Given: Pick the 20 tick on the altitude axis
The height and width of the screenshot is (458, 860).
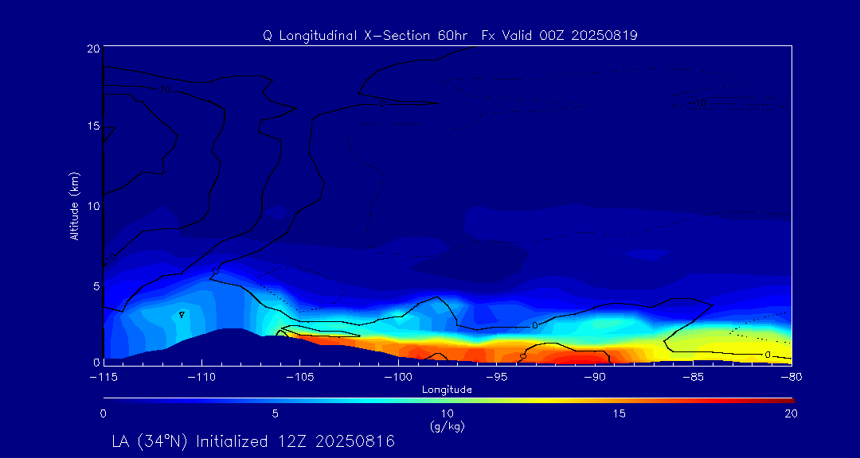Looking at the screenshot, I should [x=92, y=49].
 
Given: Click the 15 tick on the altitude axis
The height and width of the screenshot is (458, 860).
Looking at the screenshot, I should [x=92, y=126].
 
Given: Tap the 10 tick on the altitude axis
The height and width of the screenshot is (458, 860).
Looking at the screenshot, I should [x=92, y=205].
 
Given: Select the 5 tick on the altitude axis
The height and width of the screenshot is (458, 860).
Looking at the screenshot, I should [x=96, y=285].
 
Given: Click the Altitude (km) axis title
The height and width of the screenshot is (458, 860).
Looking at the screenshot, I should [x=75, y=206].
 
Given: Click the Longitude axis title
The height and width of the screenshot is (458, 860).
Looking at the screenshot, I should [x=447, y=390].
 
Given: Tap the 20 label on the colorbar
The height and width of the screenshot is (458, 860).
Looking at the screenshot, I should [x=791, y=413].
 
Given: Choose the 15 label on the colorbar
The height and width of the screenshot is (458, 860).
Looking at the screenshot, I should [x=619, y=413].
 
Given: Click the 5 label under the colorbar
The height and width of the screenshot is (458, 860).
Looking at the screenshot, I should [x=275, y=413].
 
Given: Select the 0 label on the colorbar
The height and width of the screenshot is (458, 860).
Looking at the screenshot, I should [x=104, y=413].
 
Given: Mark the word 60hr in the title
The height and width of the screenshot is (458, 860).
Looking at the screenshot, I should [x=455, y=36].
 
